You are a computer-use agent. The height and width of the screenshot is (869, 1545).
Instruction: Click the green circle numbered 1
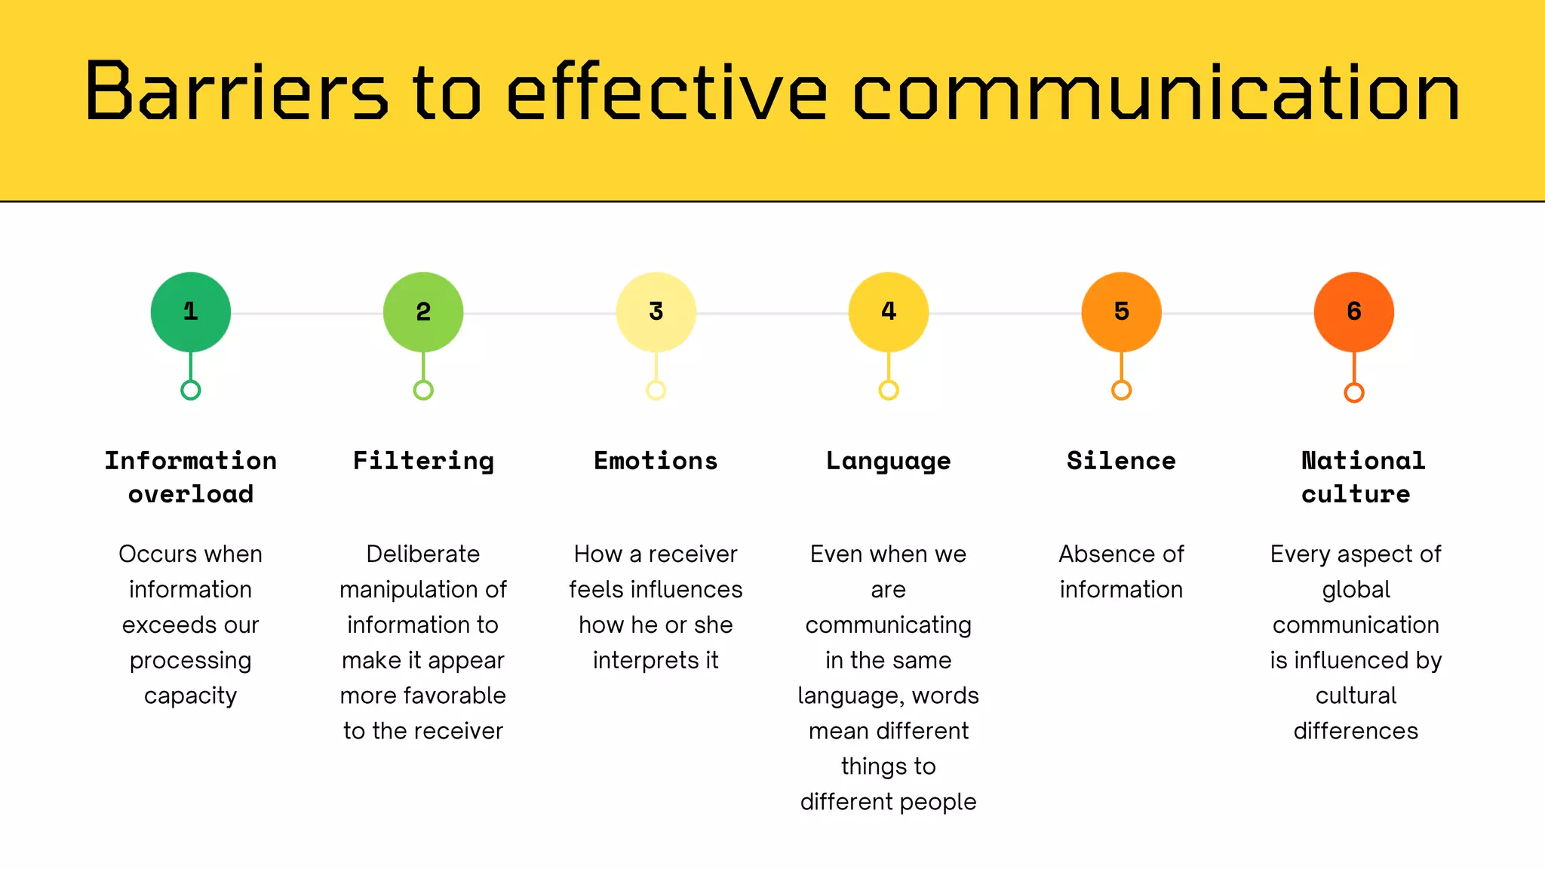tap(191, 312)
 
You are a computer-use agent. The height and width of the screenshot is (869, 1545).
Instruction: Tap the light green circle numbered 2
tap(423, 312)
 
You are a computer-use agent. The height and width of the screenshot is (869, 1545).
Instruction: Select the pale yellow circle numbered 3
tap(656, 312)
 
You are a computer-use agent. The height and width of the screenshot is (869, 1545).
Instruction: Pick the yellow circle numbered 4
tap(889, 312)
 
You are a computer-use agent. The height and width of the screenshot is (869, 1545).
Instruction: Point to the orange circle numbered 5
tap(1122, 312)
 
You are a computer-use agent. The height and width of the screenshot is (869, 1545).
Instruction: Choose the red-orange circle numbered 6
tap(1354, 312)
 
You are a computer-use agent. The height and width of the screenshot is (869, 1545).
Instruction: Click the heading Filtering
tap(423, 461)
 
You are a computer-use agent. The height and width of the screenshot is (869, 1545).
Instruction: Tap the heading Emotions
tap(656, 461)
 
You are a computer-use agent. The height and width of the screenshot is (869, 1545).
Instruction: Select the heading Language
tap(889, 462)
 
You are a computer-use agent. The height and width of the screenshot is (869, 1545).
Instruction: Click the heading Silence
tap(1121, 461)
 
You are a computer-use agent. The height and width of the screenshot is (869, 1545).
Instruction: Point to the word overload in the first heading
tap(191, 494)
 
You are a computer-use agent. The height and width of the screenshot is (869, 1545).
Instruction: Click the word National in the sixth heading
tap(1363, 461)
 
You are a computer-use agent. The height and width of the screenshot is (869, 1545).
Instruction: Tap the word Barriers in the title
tap(236, 92)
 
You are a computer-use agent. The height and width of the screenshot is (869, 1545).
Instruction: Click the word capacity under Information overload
tap(191, 696)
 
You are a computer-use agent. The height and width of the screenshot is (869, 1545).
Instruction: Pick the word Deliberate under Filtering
tap(423, 554)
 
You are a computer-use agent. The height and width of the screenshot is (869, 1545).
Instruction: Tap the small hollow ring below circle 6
tap(1354, 392)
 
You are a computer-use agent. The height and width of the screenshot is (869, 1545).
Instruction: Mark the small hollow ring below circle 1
tap(191, 390)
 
